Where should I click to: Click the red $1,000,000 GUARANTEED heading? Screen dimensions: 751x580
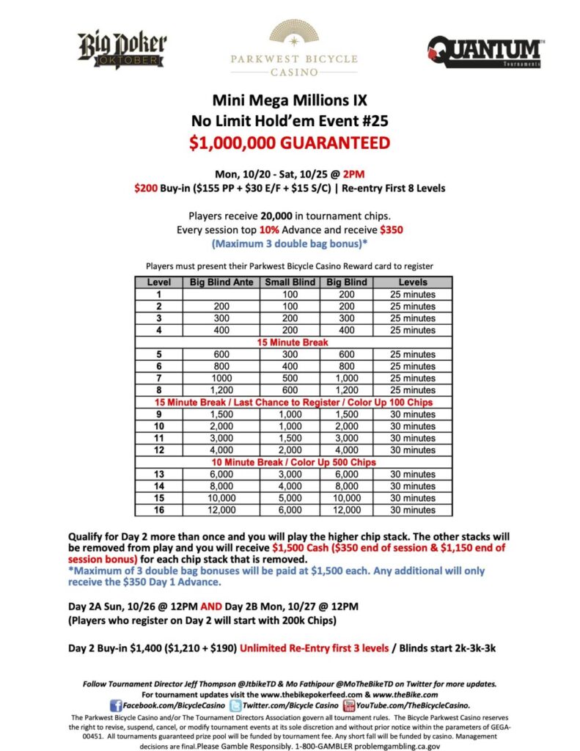(290, 142)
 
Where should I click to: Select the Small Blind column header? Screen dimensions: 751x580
(290, 282)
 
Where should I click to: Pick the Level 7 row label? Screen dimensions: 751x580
(158, 378)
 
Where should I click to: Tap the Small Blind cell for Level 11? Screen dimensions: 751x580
(290, 438)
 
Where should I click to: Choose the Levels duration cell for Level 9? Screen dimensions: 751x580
(414, 414)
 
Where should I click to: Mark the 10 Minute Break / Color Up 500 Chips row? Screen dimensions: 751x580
(293, 462)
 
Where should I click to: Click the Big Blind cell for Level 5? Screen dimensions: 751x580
(345, 354)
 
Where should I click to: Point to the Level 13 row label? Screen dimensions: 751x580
(158, 474)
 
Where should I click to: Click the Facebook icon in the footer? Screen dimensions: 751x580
(115, 705)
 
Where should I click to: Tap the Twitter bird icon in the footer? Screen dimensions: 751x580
(235, 705)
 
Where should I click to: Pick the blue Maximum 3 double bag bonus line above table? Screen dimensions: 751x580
(290, 243)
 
